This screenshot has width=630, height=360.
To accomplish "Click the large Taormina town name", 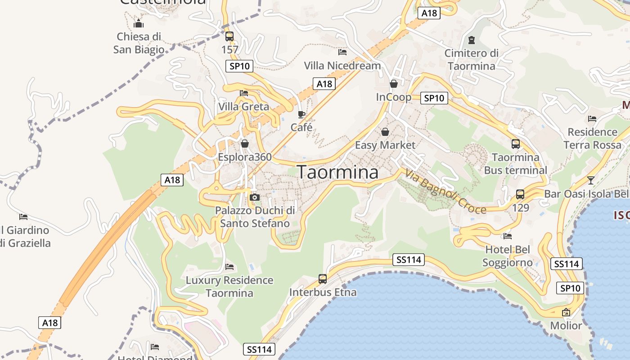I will [337, 172].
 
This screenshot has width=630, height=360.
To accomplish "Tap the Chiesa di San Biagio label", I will [139, 43].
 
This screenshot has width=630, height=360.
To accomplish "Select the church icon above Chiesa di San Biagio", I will [139, 23].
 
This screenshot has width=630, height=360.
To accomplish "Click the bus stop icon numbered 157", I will [229, 36].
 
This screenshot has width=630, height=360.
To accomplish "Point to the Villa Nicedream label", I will [342, 66].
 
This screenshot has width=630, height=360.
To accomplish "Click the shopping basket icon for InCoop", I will [394, 84].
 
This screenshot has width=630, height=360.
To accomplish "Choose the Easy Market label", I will [385, 145].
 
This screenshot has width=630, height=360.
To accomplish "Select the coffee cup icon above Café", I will [301, 114].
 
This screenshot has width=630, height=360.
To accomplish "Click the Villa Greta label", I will [243, 107].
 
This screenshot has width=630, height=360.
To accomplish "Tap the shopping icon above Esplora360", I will [245, 144].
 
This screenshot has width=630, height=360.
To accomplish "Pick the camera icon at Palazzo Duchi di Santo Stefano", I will [255, 197].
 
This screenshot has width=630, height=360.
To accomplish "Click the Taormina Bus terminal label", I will [516, 164].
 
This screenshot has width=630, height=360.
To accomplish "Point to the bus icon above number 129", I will [520, 194].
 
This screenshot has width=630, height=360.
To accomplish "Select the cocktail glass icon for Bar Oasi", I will [591, 180].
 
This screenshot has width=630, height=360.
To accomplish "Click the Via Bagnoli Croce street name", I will [445, 191].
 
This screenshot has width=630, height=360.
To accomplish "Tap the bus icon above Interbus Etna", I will [323, 279].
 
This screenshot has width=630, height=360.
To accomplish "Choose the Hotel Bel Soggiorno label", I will [508, 256].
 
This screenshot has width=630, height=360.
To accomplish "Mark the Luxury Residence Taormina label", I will [229, 287].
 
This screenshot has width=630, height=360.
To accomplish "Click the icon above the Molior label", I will [566, 312].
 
